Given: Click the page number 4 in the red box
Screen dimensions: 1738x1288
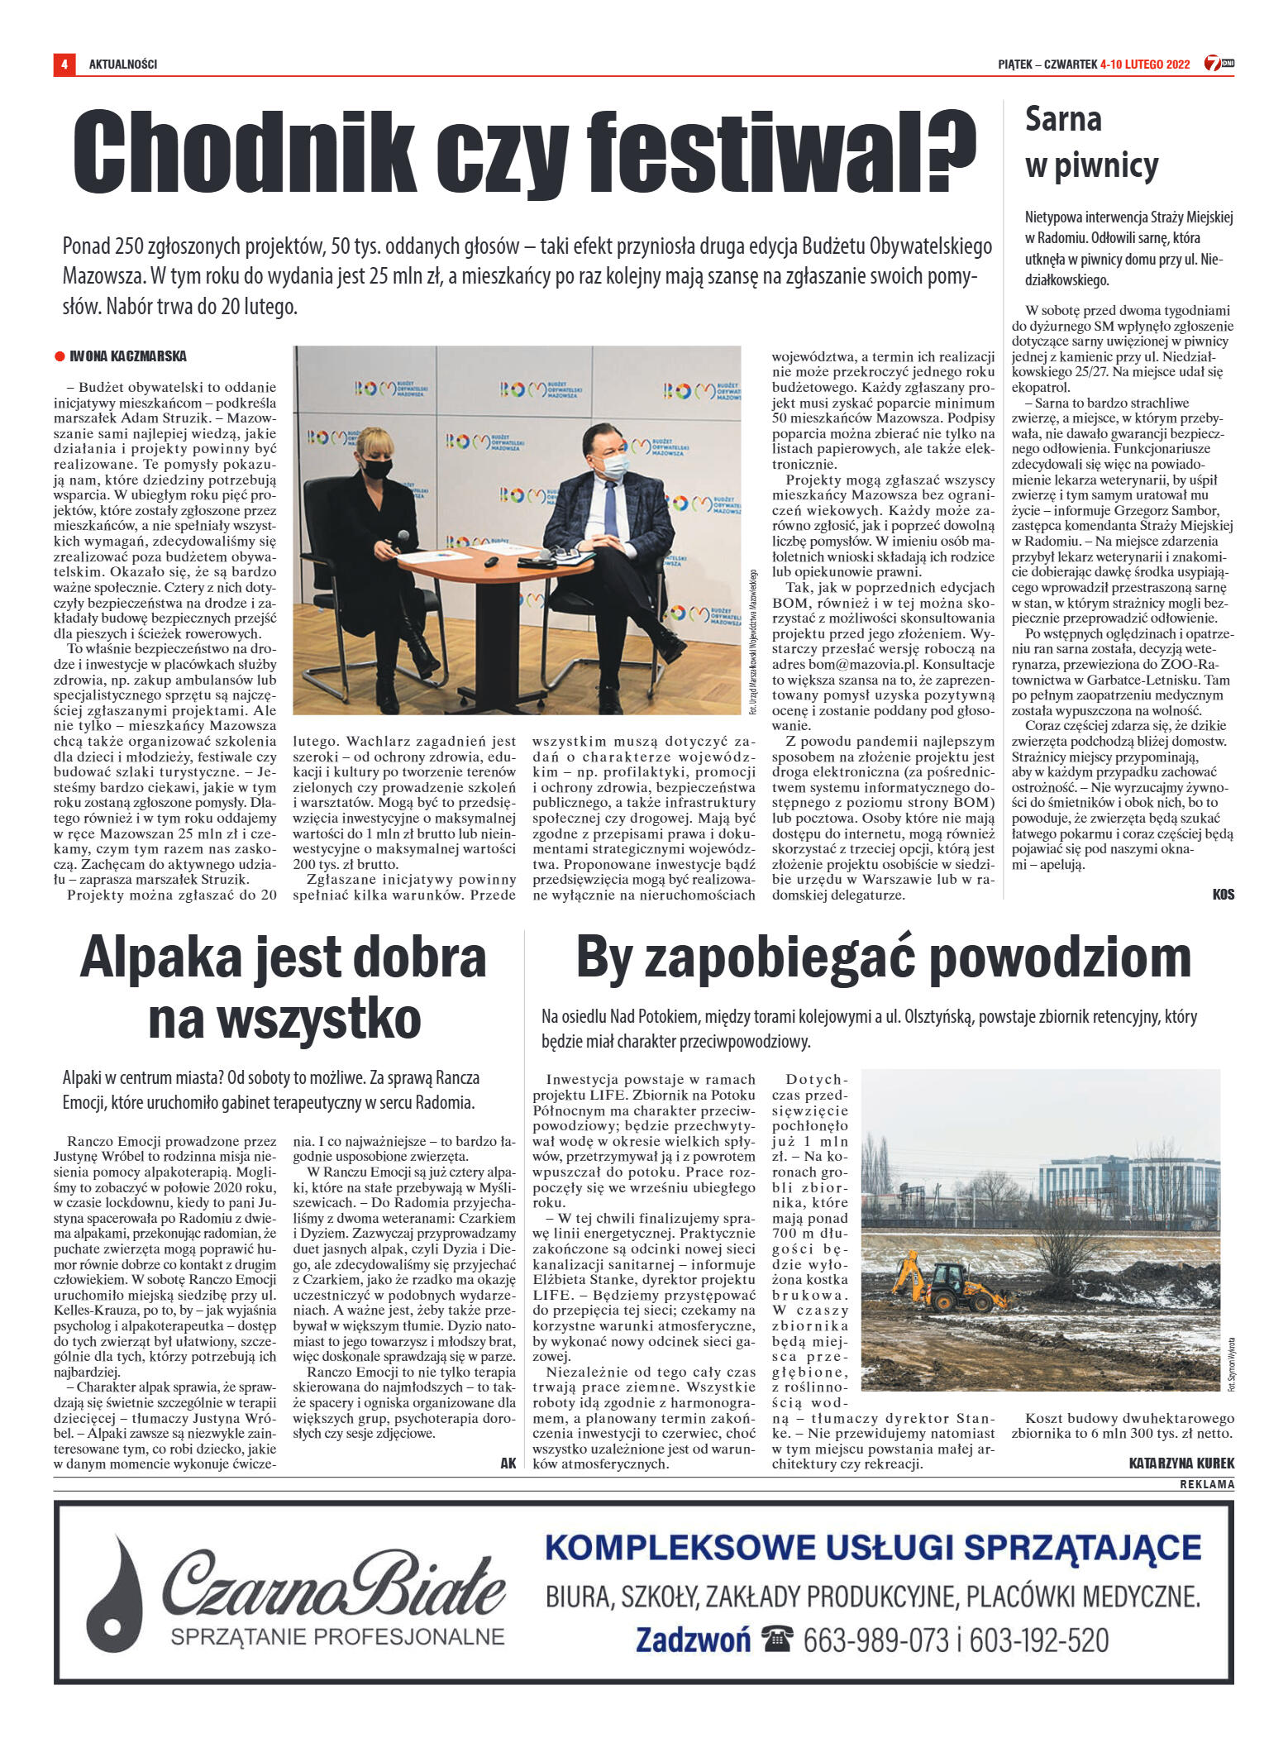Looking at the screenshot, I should pos(64,64).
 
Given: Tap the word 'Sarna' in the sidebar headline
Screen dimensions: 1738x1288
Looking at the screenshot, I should pos(1063,120).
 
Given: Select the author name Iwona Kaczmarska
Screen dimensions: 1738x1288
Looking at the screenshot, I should pos(128,357).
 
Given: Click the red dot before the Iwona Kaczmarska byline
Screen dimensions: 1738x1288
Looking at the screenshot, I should pos(60,357).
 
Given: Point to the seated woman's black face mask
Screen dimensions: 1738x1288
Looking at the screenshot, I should pos(378,469).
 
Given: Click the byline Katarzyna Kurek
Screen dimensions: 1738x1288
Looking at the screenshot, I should pos(1181,1463).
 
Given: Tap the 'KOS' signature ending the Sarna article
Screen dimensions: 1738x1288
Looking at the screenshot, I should pos(1223,895).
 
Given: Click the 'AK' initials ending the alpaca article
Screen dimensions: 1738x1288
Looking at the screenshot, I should pos(508,1463).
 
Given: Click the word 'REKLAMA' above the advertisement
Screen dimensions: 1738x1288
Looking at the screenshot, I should pos(1207,1484).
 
